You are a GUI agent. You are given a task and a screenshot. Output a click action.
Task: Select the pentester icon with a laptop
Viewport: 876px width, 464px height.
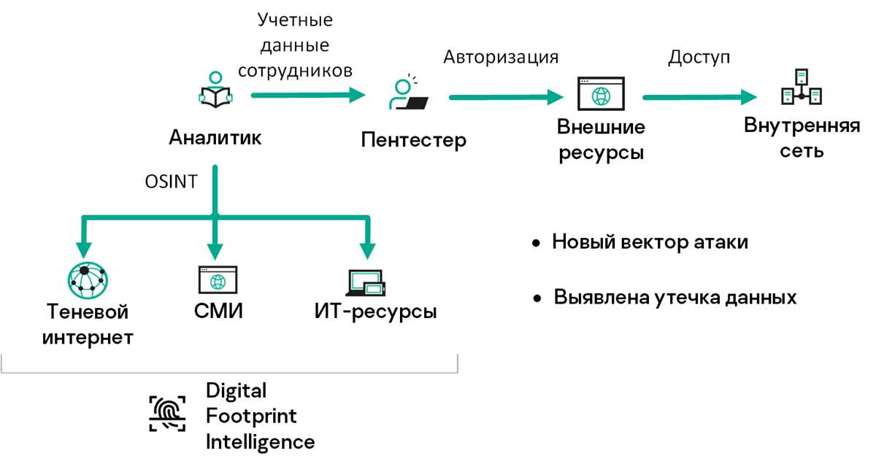[x=407, y=94]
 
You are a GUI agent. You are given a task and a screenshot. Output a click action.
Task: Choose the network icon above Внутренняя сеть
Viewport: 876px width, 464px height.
[x=802, y=88]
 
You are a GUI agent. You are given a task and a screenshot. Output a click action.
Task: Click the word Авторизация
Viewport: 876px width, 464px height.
[x=502, y=57]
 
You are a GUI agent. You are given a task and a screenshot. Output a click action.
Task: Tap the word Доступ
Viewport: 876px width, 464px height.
[x=699, y=57]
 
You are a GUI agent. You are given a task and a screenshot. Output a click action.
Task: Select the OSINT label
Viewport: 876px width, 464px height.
[x=171, y=182]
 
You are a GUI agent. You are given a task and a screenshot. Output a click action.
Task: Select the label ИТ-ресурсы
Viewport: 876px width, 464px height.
[x=375, y=312]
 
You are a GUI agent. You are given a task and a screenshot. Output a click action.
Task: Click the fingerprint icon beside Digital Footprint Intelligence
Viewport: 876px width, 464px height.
[x=168, y=413]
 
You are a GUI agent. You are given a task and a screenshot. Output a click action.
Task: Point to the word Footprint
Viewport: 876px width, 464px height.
[x=251, y=416]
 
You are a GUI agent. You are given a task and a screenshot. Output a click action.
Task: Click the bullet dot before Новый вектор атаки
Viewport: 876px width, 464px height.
[x=537, y=242]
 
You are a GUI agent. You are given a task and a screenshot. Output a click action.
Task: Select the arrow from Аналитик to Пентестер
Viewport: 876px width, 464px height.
[x=307, y=94]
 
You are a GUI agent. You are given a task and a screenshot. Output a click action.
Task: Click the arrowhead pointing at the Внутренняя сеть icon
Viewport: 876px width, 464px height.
[x=749, y=97]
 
